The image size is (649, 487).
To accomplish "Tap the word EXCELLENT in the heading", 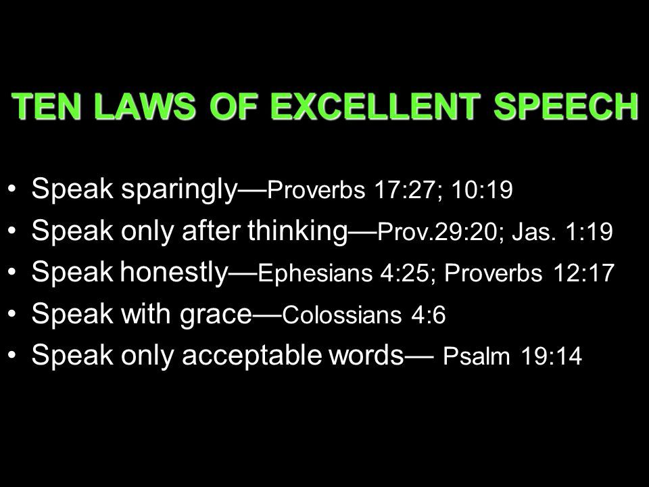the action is (375, 106).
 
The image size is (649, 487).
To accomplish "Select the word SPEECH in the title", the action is (566, 106).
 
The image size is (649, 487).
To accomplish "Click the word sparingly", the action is (179, 189).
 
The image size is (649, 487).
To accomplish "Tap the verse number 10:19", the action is (482, 190).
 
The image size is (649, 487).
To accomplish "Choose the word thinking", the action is (297, 231).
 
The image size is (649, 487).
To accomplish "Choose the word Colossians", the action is (342, 315).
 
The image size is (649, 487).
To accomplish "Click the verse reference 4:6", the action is (429, 315).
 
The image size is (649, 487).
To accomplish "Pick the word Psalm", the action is (476, 356).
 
